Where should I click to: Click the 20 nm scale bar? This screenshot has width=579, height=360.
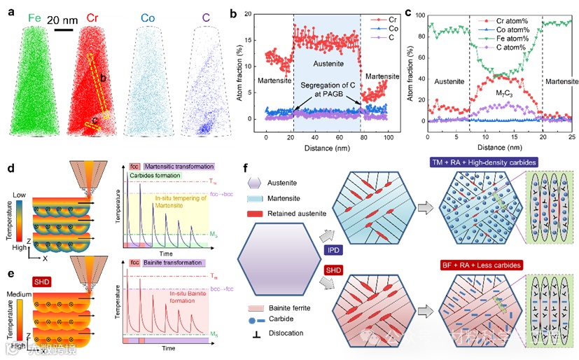64,29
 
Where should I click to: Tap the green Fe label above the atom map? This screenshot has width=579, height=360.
34,18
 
